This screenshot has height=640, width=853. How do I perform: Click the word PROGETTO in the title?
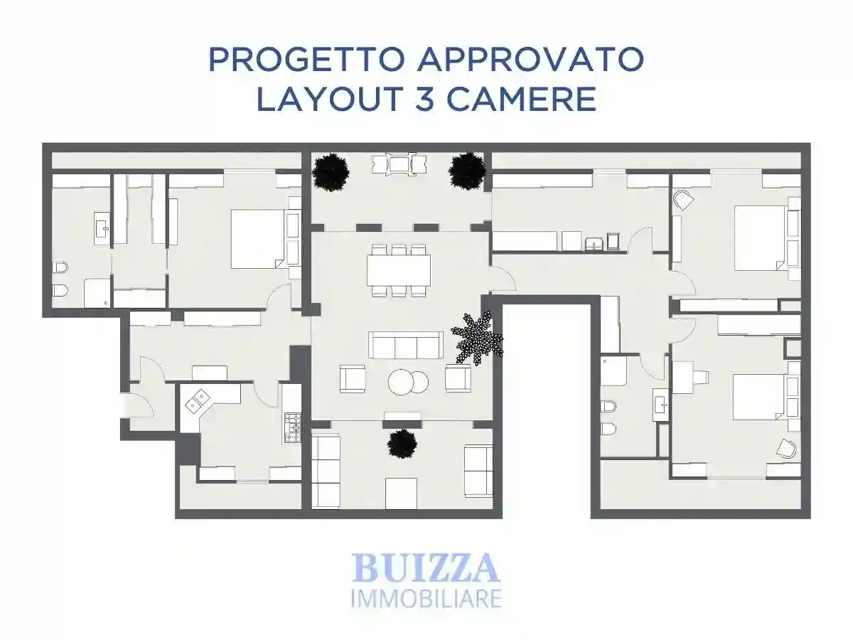point(306,60)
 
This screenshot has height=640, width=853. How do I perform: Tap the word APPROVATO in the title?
point(531,60)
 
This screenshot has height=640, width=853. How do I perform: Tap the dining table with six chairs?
point(399,270)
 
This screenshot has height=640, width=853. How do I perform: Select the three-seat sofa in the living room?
point(406,345)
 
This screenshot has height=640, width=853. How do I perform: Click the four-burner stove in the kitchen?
point(293,428)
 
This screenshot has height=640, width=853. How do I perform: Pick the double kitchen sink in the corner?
point(198,400)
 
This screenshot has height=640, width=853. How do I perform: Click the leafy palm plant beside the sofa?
point(478,338)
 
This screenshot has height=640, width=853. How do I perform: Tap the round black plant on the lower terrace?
point(402,444)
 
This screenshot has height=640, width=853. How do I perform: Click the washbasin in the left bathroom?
point(102,228)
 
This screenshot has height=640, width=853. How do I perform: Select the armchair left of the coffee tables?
point(353,378)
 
